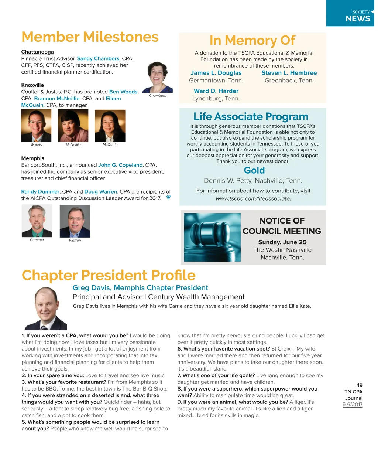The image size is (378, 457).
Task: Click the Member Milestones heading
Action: click(x=90, y=37)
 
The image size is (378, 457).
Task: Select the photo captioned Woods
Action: click(x=36, y=126)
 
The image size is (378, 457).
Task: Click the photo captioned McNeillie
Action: click(x=73, y=126)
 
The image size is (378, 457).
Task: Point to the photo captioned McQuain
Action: click(x=110, y=126)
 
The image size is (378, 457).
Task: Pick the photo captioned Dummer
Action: click(x=37, y=221)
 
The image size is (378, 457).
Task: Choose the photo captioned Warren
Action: click(x=75, y=221)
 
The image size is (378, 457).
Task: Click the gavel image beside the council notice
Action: click(x=212, y=237)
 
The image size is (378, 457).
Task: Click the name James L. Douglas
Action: click(x=216, y=73)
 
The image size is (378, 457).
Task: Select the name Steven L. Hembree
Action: click(x=289, y=73)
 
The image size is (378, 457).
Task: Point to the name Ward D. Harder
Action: click(x=216, y=91)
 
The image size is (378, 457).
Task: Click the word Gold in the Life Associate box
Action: click(x=254, y=170)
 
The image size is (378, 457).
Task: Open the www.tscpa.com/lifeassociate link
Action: click(x=253, y=198)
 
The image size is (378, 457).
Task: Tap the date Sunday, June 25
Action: click(x=282, y=242)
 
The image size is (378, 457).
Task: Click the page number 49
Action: click(x=359, y=385)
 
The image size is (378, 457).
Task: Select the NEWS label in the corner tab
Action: click(x=358, y=18)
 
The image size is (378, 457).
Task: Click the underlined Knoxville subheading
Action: click(x=32, y=85)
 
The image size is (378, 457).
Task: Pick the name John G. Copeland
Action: click(x=120, y=165)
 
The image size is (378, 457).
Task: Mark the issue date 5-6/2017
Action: click(x=353, y=404)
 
